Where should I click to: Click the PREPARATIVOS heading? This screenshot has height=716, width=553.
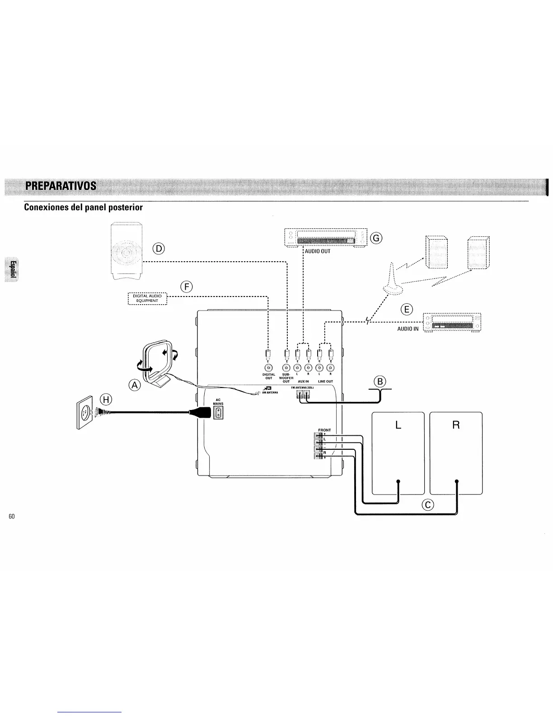pyautogui.click(x=61, y=186)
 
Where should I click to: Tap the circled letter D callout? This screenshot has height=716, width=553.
pyautogui.click(x=159, y=248)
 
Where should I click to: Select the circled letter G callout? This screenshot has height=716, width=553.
pyautogui.click(x=376, y=238)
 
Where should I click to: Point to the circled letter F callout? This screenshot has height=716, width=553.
pyautogui.click(x=186, y=286)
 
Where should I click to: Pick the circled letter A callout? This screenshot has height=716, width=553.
pyautogui.click(x=135, y=385)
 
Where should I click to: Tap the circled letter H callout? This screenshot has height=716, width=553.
pyautogui.click(x=106, y=399)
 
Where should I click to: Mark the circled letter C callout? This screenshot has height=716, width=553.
pyautogui.click(x=427, y=505)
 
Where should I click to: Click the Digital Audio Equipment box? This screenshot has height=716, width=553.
pyautogui.click(x=148, y=298)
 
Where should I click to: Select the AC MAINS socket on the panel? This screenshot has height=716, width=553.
pyautogui.click(x=218, y=412)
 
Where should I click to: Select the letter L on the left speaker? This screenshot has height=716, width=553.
pyautogui.click(x=398, y=425)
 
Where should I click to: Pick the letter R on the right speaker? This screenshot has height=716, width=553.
pyautogui.click(x=456, y=425)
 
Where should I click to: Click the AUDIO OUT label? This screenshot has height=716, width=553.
pyautogui.click(x=318, y=251)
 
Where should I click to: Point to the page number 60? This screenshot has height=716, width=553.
pyautogui.click(x=12, y=516)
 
